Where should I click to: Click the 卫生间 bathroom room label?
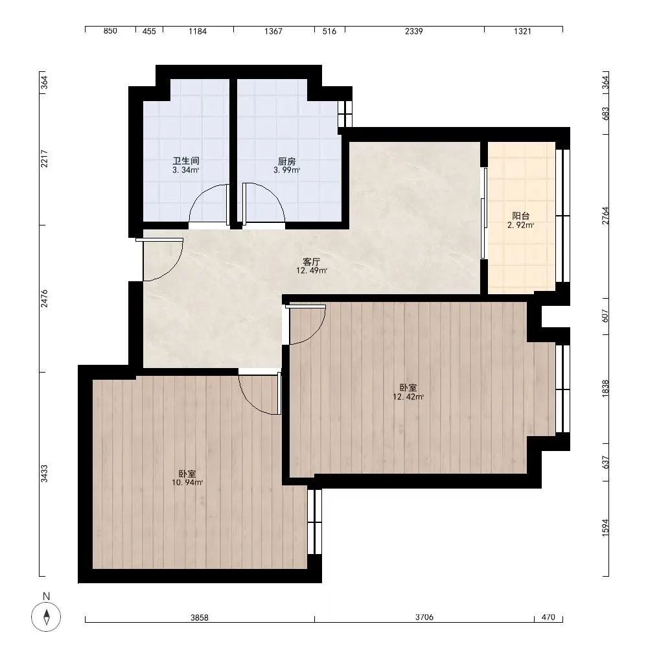coord(186,161)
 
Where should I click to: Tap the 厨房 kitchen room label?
coord(286,161)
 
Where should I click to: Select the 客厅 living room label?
coord(312,262)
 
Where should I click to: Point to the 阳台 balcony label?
coord(521,216)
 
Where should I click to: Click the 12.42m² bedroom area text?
coord(408,397)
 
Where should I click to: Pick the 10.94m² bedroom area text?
coord(187,482)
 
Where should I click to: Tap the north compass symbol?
coord(46,617)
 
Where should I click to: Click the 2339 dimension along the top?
coord(413,31)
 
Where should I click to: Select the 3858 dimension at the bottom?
coord(199,618)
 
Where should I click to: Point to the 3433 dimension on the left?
coord(44,474)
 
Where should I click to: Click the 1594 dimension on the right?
coord(605,527)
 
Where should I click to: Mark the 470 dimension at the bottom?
coord(548,617)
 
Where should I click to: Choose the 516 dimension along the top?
coord(329,31)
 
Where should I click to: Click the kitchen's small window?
coord(345,113)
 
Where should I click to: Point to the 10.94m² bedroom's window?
coord(314,522)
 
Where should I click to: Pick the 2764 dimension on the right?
coord(605,216)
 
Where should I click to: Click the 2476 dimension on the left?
coord(44,298)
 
